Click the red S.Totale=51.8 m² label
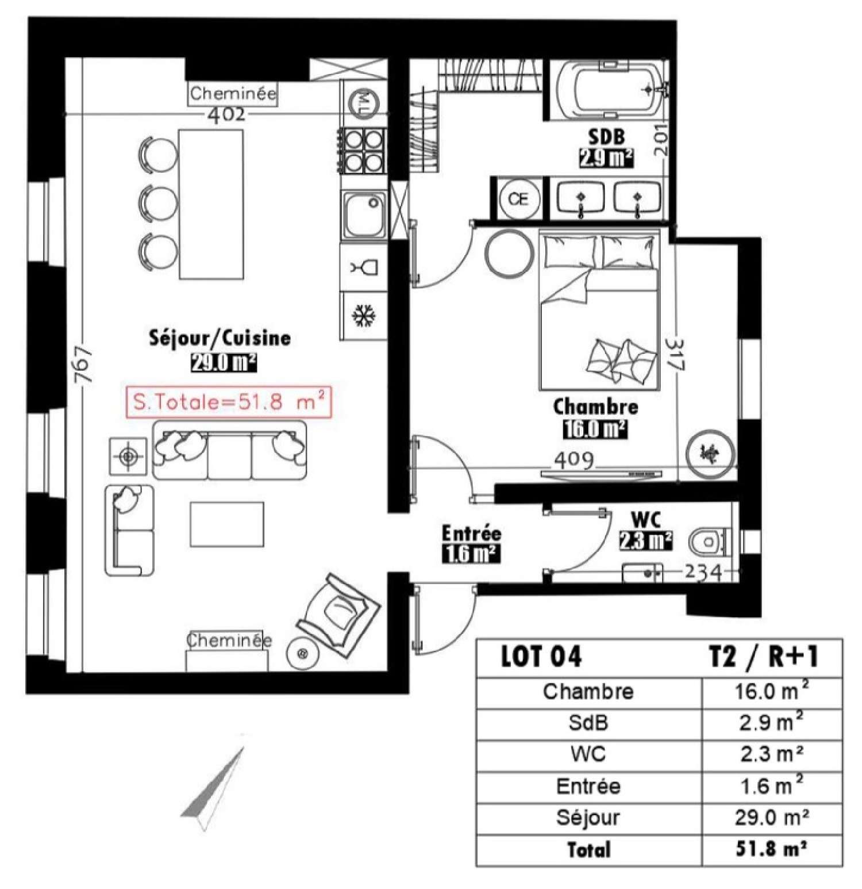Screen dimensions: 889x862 point(229,402)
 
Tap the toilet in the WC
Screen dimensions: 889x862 point(709,542)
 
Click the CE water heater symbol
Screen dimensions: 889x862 point(518,199)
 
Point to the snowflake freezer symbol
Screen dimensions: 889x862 point(364,316)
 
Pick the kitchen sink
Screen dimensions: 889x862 point(364,215)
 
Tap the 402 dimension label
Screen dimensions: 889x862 point(226,115)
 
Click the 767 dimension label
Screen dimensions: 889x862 point(84,363)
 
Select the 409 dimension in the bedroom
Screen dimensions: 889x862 point(574,460)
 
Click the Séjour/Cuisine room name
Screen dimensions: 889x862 point(220,338)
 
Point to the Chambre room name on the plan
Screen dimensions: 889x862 point(595,407)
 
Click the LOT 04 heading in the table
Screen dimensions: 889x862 point(541,656)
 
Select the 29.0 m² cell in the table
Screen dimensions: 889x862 point(771,817)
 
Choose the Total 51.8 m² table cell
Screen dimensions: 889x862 point(771,849)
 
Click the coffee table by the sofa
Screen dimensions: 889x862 point(227,524)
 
